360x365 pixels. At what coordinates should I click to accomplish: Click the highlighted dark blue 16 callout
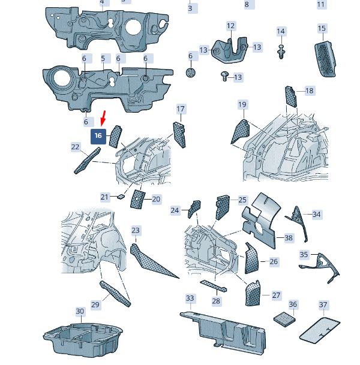pos(98,137)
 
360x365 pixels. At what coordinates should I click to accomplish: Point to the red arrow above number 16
pos(103,118)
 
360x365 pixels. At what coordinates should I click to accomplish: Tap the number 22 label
pos(75,147)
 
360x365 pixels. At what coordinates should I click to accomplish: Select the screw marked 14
pos(281,52)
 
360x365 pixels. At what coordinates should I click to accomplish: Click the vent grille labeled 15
pos(325,59)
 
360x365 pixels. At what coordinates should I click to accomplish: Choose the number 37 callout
pos(323,304)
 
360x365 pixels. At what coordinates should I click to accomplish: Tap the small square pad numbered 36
pos(284,319)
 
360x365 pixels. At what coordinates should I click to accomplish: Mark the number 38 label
pos(289,238)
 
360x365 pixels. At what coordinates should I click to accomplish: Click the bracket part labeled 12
pos(230,51)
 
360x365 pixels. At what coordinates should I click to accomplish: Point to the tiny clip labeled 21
pos(121,197)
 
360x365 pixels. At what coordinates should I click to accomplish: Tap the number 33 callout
pos(190,298)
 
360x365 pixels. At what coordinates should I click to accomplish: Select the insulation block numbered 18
pos(291,96)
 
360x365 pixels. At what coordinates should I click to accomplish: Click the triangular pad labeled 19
pos(241,131)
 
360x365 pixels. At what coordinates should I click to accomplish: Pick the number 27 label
pos(276,295)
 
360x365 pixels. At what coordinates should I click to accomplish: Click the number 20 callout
pos(156,199)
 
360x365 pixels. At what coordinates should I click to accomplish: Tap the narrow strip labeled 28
pos(213,286)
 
